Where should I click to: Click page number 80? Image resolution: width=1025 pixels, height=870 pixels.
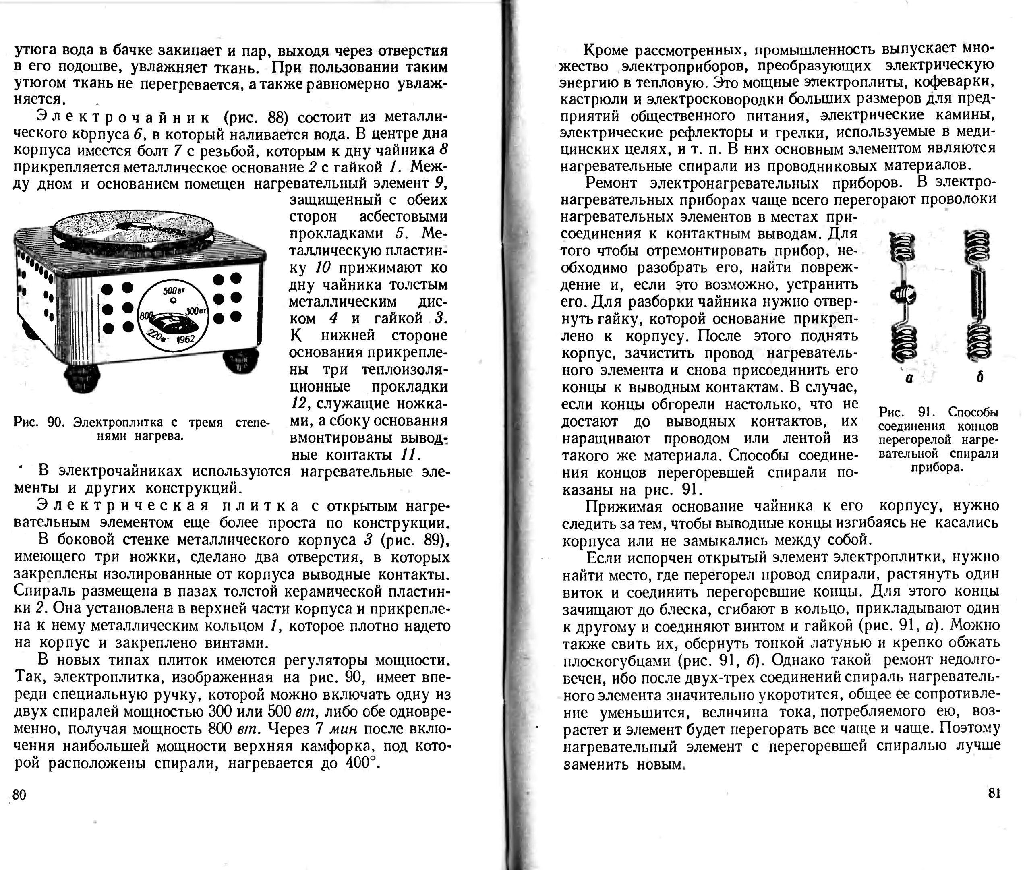coord(19,795)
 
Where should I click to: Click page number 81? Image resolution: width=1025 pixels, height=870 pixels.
coord(994,793)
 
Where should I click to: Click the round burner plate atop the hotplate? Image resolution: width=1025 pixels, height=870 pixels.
coord(133,227)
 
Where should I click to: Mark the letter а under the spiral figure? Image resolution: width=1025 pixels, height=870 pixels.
coord(909,378)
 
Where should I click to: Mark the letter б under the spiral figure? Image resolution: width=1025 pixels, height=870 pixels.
coord(979,377)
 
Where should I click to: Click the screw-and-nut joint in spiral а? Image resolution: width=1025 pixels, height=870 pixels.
coord(904,295)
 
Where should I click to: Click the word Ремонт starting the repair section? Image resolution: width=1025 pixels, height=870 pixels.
coord(611,183)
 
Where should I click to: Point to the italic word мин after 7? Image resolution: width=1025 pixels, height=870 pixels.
coord(344,729)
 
